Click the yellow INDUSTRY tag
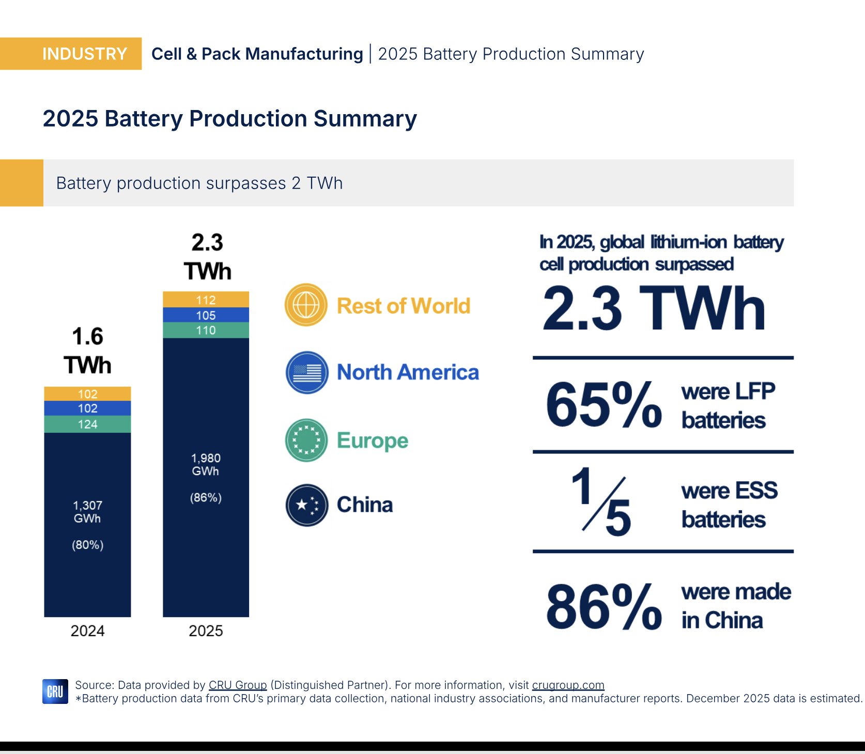click(71, 54)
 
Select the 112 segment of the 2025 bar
click(206, 300)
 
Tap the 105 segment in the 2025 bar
click(206, 315)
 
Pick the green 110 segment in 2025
click(206, 331)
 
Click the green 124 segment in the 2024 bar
click(87, 425)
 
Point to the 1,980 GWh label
click(206, 464)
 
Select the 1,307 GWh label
click(87, 512)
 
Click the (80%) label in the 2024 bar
click(87, 545)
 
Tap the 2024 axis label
click(87, 631)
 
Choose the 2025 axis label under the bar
click(206, 631)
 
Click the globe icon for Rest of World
click(306, 305)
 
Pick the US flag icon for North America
click(307, 372)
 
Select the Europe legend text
click(372, 441)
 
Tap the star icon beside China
click(307, 505)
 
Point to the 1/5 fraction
click(602, 501)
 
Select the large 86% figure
click(604, 606)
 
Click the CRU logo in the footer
click(55, 692)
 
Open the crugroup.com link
click(568, 685)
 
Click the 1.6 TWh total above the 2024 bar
click(87, 351)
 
